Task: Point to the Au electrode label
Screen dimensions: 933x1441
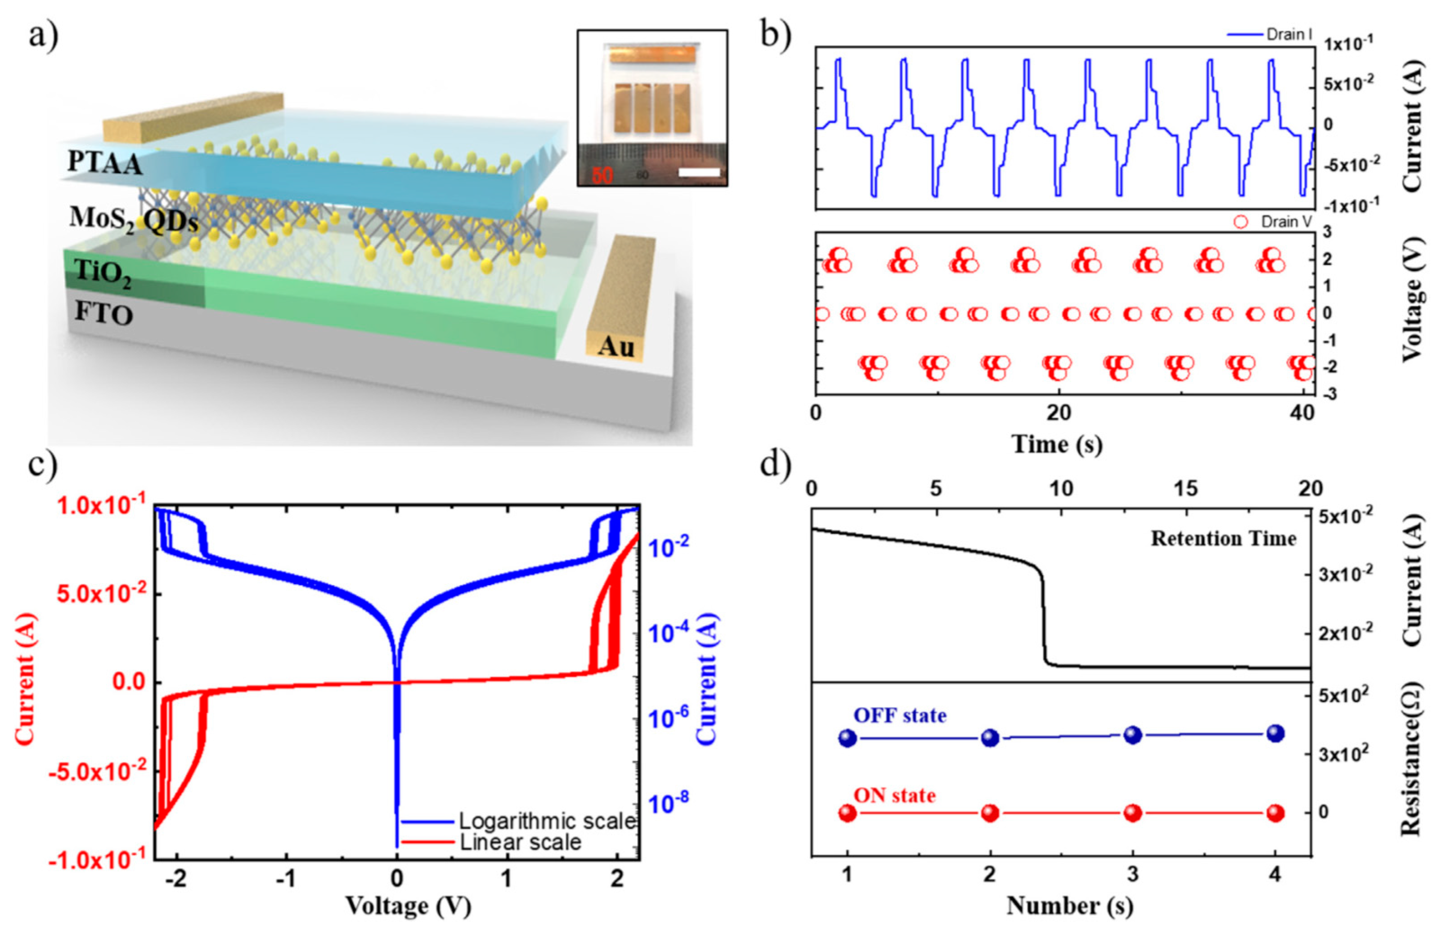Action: [616, 347]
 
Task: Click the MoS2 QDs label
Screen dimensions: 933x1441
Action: [134, 219]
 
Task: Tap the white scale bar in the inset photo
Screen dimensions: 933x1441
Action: [699, 173]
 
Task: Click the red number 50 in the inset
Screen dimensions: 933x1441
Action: [602, 175]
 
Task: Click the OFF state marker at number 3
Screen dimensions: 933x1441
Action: [1133, 735]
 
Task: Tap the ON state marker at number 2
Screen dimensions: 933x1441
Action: [990, 813]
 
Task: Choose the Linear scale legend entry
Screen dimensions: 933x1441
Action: [520, 842]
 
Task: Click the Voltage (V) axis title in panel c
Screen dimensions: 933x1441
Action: [408, 906]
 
